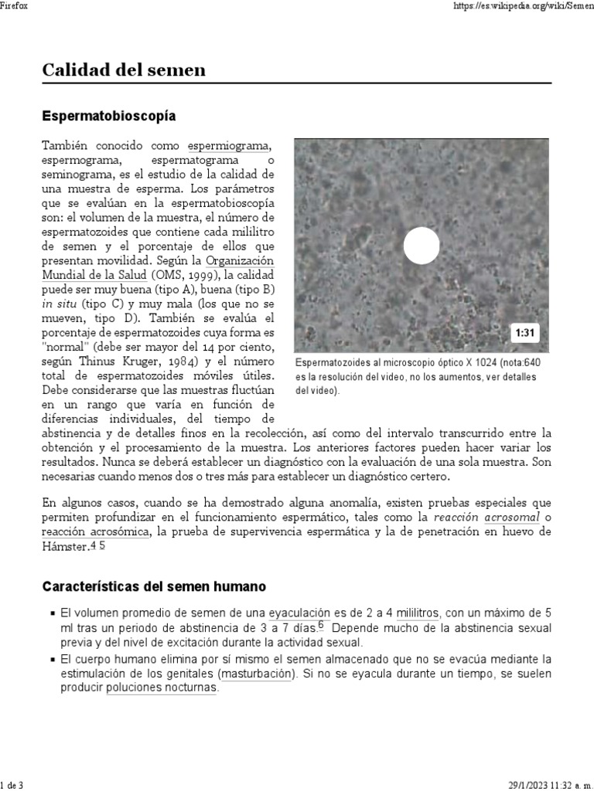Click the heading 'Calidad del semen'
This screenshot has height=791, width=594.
124,70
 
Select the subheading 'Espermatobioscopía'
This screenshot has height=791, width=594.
108,116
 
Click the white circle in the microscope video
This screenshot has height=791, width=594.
422,246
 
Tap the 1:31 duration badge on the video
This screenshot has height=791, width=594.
525,333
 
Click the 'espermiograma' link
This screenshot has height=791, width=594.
229,146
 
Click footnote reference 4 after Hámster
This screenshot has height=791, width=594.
93,546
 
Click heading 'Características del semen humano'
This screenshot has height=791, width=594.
153,586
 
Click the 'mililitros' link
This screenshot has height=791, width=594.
418,613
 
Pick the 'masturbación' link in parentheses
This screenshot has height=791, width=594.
257,674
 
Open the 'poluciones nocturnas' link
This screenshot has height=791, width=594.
162,688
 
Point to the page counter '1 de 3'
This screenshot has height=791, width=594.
13,785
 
